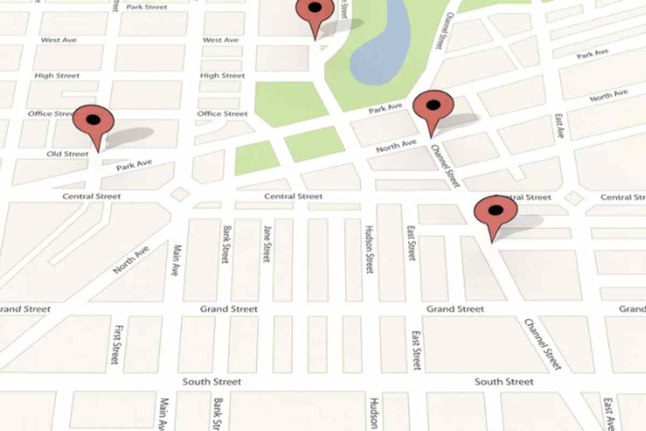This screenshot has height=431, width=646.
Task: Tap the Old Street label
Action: [x=67, y=154]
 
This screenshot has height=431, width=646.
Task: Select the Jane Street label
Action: [x=266, y=244]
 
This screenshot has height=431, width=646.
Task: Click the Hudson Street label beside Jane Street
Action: [x=369, y=249]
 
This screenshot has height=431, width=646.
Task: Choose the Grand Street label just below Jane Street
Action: [x=229, y=309]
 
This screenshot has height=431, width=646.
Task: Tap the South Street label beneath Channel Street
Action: [x=504, y=382]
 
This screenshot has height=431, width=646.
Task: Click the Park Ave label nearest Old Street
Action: [x=134, y=165]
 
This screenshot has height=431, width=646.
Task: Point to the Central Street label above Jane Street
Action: [x=293, y=197]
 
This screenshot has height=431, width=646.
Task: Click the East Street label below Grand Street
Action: [x=416, y=350]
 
